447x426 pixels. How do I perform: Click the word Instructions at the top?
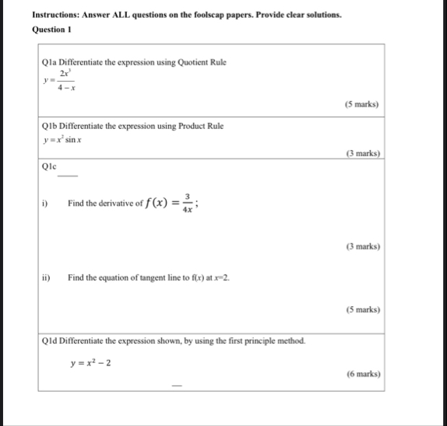tap(57, 14)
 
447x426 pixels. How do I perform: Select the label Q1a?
tap(51, 61)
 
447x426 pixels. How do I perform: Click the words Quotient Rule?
tap(201, 61)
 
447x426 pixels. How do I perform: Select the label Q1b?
tap(51, 125)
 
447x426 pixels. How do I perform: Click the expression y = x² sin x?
tap(64, 140)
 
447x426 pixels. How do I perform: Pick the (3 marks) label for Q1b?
tap(361, 154)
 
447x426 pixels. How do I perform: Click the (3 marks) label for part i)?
tap(361, 246)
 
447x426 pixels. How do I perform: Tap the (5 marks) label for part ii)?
tap(361, 309)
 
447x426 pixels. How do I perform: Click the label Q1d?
tap(51, 340)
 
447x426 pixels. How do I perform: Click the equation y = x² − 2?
tap(91, 362)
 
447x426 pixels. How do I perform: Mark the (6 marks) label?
tap(361, 373)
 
